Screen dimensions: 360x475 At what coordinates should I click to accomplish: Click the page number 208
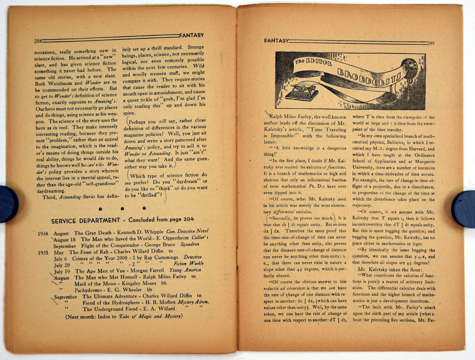[38, 41]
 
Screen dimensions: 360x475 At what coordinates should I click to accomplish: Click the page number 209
[430, 43]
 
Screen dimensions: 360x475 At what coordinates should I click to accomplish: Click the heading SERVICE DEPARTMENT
[85, 221]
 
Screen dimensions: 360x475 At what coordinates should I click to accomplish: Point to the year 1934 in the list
[43, 234]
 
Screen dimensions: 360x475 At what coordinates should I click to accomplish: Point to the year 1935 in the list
[43, 253]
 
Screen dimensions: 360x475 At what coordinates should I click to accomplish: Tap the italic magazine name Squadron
[190, 244]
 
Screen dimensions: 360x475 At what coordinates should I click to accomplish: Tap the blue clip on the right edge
[464, 209]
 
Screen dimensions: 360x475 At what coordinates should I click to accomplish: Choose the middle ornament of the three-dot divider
[122, 209]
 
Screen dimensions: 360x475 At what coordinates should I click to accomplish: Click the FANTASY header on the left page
[191, 35]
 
